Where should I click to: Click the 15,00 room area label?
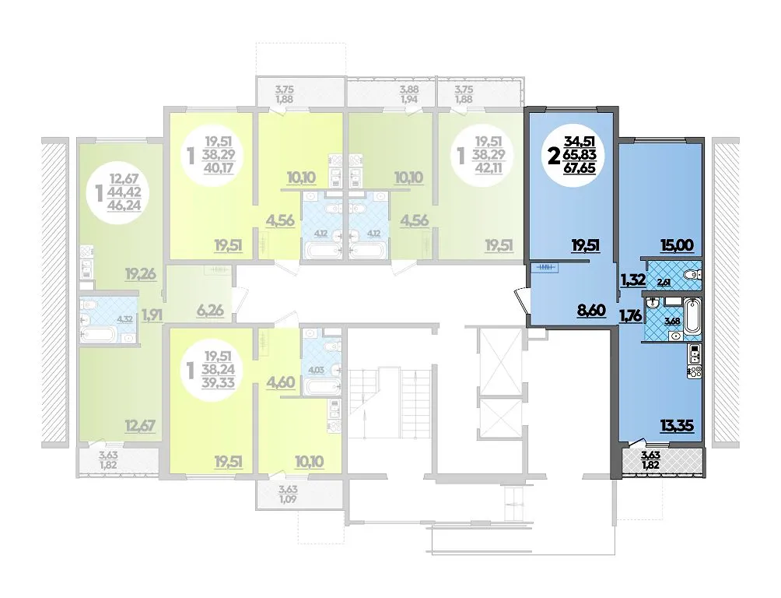[x=678, y=245]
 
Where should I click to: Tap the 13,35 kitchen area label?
[x=678, y=427]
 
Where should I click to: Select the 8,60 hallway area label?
[x=590, y=311]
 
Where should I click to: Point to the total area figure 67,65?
[x=580, y=168]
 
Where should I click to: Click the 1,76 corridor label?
[x=630, y=315]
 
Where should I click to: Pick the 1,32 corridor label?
[x=632, y=280]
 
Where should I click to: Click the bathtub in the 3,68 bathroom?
[x=693, y=316]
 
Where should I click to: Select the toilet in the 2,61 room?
[x=692, y=274]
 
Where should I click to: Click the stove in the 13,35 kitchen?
[x=695, y=371]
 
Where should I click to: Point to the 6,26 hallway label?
[x=210, y=311]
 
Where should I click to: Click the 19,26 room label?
[x=141, y=274]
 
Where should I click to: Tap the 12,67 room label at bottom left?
[x=141, y=426]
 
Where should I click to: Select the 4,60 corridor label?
[x=281, y=382]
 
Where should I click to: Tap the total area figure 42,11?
[x=489, y=168]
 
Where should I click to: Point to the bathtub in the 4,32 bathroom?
[x=99, y=335]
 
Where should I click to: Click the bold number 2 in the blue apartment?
[x=552, y=157]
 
